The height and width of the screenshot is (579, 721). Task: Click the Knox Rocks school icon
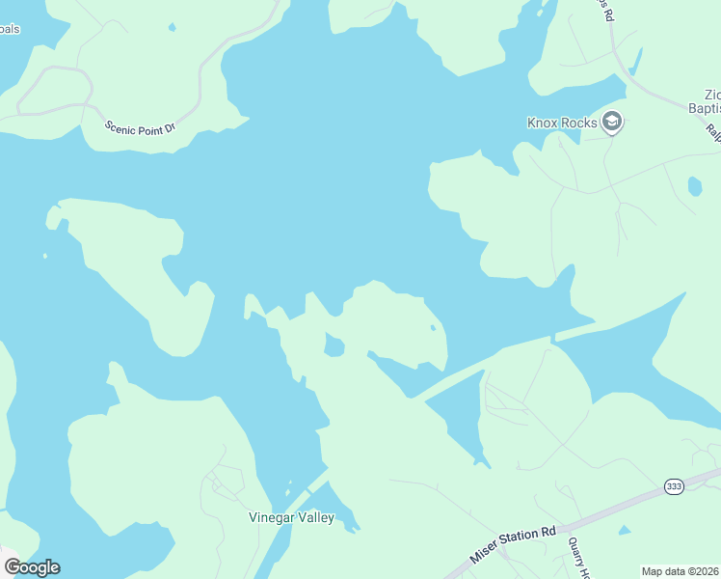(x=611, y=123)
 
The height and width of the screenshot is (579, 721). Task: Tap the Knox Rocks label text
(x=562, y=124)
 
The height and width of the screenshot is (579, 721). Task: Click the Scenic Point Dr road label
(x=140, y=126)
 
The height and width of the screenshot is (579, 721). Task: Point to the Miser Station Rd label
(x=515, y=546)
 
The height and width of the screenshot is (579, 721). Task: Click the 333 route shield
(x=674, y=486)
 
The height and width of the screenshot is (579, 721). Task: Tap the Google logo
(x=32, y=567)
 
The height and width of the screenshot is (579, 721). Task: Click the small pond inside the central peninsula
(x=334, y=345)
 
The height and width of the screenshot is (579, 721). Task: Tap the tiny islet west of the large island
(x=45, y=256)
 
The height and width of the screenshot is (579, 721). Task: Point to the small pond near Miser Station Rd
(x=625, y=530)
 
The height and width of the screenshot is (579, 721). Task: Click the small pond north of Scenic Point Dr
(x=172, y=26)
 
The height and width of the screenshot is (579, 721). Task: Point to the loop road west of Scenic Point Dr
(x=53, y=89)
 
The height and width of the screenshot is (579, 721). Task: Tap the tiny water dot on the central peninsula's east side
(x=433, y=328)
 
